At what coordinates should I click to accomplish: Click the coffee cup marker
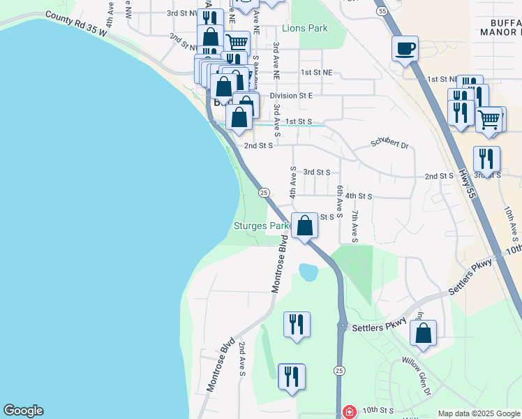(x=405, y=49)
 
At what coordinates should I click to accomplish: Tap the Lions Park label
(x=305, y=29)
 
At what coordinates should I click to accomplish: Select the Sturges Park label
(x=261, y=226)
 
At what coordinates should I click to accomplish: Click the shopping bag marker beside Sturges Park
(x=304, y=226)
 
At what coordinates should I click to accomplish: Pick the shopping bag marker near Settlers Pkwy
(x=423, y=333)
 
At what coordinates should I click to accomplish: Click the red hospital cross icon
(x=349, y=413)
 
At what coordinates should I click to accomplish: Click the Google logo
(x=23, y=411)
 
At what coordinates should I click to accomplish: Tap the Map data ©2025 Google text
(x=479, y=413)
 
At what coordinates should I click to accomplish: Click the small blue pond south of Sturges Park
(x=308, y=271)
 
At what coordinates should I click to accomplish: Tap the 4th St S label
(x=358, y=196)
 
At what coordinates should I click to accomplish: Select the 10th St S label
(x=378, y=410)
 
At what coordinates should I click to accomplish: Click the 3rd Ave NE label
(x=276, y=61)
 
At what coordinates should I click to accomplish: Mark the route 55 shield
(x=380, y=12)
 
